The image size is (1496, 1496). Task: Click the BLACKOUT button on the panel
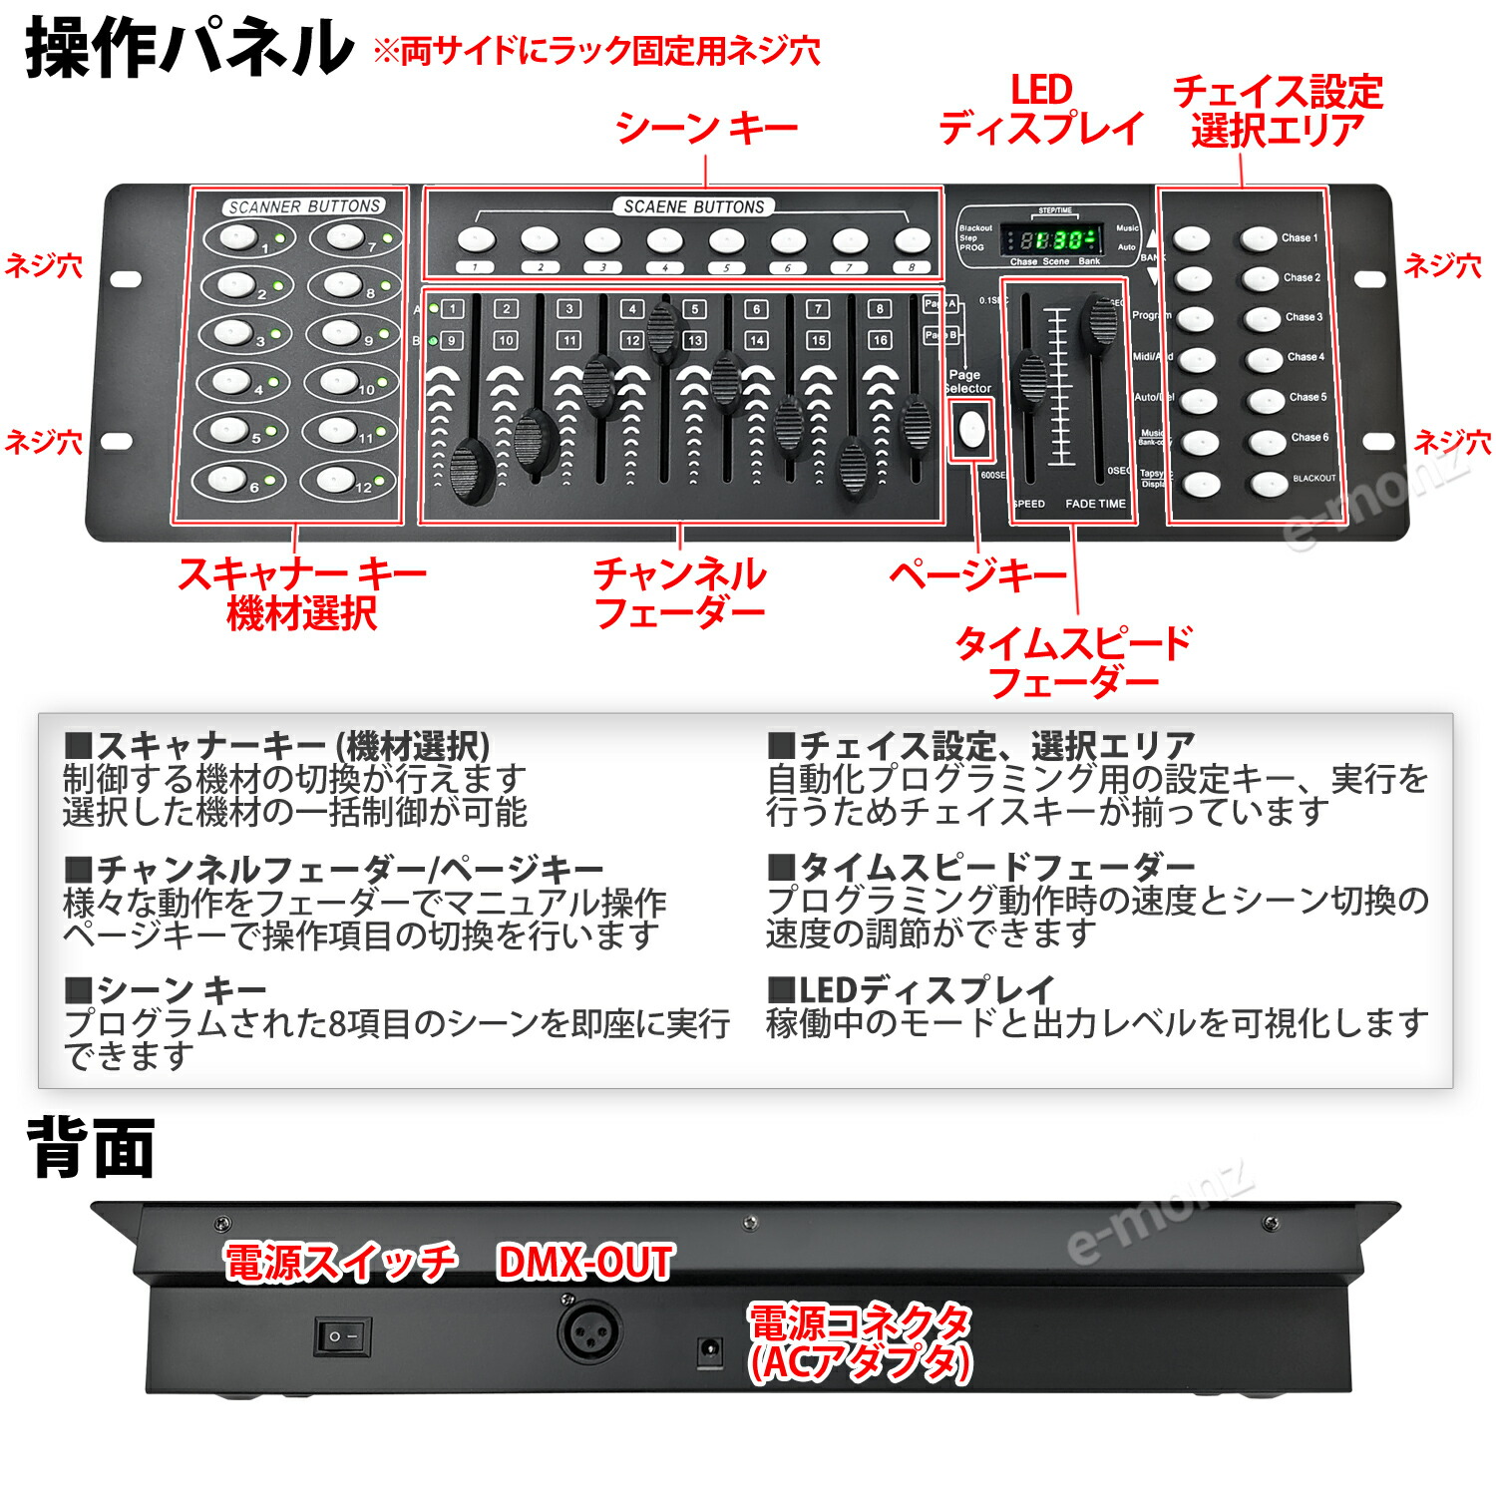pos(1270,484)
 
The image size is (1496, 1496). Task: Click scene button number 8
pos(912,240)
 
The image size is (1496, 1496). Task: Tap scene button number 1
pos(476,240)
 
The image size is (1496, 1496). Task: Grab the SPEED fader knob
pos(1030,379)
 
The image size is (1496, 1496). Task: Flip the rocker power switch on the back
pos(343,1335)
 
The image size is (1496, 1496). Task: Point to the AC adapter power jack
pos(710,1352)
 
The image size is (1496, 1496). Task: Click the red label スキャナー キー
pos(301,574)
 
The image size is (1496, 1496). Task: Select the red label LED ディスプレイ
pos(1040,110)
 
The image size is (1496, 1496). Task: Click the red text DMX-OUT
pos(585,1262)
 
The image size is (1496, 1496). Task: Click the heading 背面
pos(91,1149)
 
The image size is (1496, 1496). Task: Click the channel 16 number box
pos(880,340)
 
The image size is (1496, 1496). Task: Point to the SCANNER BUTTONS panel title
pos(304,206)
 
